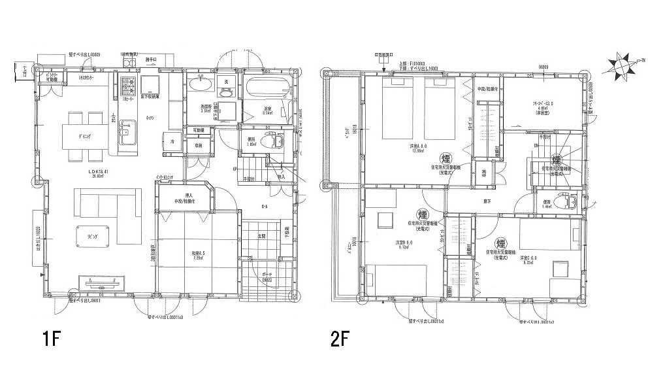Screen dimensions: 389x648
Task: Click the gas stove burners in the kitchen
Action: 127,85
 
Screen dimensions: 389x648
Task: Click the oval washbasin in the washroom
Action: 200,86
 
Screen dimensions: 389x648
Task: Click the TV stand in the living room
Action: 101,282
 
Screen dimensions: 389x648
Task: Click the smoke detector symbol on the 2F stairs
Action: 556,159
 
